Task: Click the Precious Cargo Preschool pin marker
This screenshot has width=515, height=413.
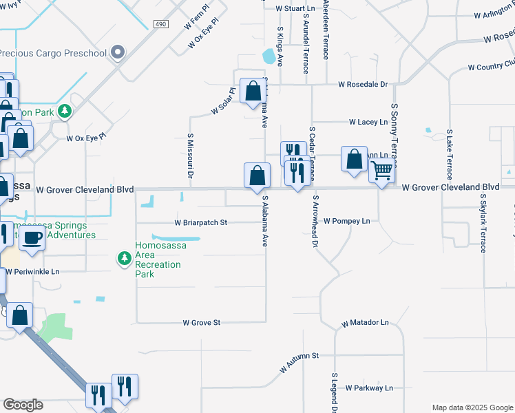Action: [118, 52]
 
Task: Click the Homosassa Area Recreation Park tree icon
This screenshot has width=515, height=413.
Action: [125, 258]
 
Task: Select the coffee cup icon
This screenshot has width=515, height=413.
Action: [32, 237]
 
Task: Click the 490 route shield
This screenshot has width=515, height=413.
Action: [160, 24]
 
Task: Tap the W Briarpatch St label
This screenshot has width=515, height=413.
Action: [200, 223]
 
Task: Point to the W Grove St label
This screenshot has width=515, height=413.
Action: [201, 322]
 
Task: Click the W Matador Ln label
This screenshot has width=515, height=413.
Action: [365, 322]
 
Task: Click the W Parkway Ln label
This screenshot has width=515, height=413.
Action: [369, 388]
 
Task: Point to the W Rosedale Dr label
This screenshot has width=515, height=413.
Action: [363, 85]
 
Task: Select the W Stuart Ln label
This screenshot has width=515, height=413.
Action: [295, 9]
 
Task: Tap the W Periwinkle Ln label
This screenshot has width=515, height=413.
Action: [33, 271]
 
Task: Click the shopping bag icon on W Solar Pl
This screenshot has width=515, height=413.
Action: [253, 90]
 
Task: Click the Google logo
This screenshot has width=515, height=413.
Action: [23, 405]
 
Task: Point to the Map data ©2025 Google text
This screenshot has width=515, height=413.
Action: [472, 407]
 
